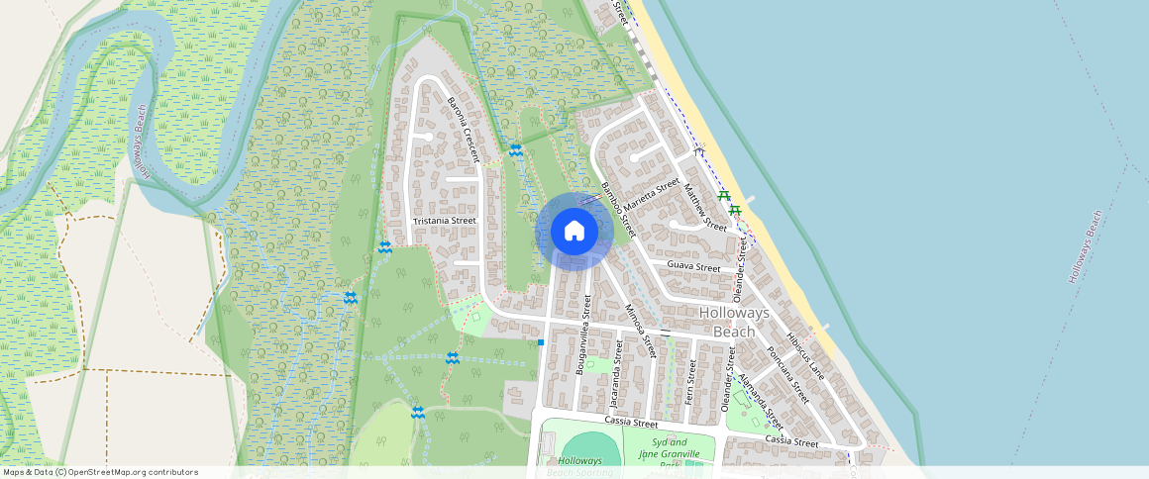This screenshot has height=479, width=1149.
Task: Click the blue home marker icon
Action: [x=574, y=232]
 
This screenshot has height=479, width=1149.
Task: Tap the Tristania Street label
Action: [x=445, y=221]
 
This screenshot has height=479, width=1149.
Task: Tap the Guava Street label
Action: [x=693, y=267]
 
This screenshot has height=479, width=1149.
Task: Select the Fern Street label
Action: [x=691, y=377]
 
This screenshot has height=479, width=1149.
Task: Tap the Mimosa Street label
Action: [x=641, y=331]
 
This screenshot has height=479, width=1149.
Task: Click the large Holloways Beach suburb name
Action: [x=734, y=322]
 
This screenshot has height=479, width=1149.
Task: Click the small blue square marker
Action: [x=541, y=342]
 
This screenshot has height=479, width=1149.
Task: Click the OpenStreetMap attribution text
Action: [x=100, y=472]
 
